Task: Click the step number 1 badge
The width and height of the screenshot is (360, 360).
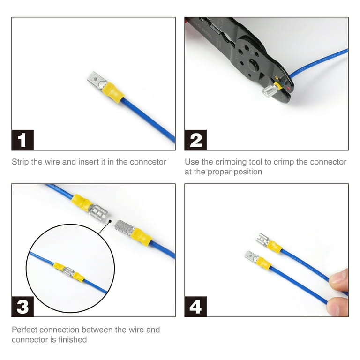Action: click(22, 140)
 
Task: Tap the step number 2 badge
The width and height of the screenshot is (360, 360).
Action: click(195, 140)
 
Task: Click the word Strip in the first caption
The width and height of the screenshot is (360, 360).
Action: click(21, 162)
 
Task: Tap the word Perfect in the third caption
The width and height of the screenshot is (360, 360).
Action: click(26, 330)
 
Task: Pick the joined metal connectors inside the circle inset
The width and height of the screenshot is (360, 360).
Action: click(69, 271)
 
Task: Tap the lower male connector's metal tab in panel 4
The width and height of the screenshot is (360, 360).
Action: click(252, 256)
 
